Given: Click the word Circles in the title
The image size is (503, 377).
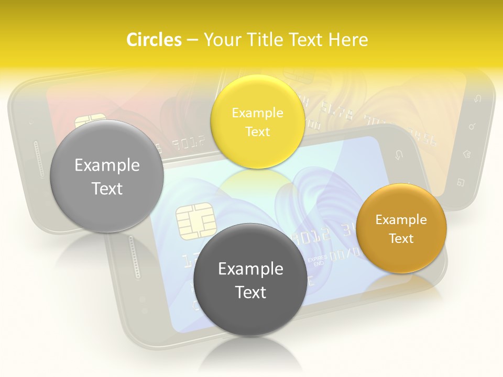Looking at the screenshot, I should (x=154, y=40).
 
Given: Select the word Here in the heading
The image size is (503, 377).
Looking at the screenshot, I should (x=348, y=40).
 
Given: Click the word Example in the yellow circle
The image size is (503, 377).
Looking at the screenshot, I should (x=257, y=113).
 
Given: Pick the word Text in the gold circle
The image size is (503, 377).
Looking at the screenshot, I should (x=401, y=239).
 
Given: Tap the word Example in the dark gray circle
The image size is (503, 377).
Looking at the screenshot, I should (x=250, y=269).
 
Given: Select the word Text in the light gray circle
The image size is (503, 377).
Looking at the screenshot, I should (x=107, y=189).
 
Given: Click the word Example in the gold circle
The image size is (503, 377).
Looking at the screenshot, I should (x=401, y=220).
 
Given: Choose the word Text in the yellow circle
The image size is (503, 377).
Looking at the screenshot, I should (x=257, y=132).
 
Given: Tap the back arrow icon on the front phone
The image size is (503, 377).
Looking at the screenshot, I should (x=398, y=155).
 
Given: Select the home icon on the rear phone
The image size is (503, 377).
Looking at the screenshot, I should (x=466, y=154).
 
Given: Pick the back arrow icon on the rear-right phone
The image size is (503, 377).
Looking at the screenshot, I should (x=477, y=98).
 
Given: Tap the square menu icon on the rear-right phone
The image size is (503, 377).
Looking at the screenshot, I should (x=461, y=182).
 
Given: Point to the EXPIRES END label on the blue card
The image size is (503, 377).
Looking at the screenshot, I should (x=316, y=260).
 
